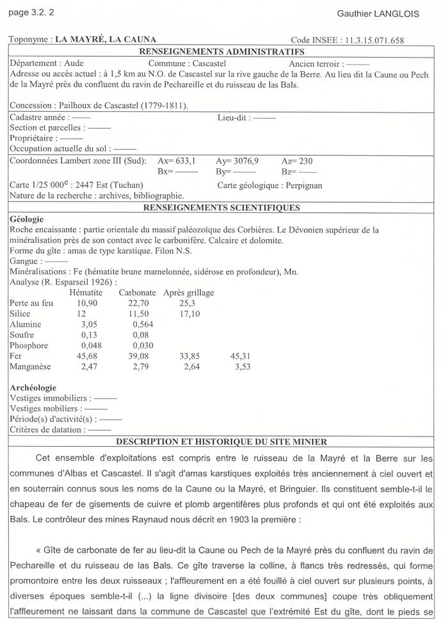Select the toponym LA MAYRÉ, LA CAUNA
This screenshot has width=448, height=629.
[x=106, y=39]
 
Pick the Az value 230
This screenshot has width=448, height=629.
[x=305, y=161]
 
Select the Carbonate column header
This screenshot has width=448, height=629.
[x=138, y=293]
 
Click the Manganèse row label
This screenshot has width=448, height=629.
[x=31, y=367]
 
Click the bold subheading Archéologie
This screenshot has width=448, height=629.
[x=33, y=387]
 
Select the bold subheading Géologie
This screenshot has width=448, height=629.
[x=28, y=219]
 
